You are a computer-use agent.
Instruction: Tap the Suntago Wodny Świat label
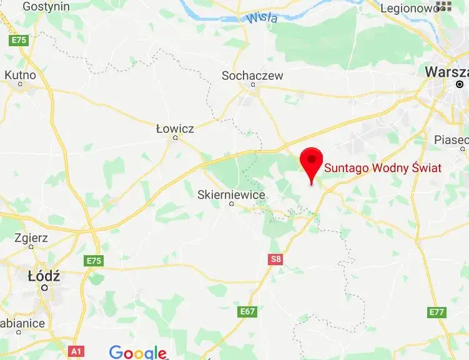tap(382, 168)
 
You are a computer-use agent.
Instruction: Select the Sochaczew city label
tap(252, 75)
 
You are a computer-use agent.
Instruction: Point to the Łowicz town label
tap(175, 129)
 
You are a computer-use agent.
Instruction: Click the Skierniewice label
tap(231, 195)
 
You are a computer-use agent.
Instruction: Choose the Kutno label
tap(20, 75)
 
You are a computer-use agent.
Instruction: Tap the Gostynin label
tap(46, 6)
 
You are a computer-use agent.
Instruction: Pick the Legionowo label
tap(410, 8)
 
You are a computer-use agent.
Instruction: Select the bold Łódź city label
tap(44, 275)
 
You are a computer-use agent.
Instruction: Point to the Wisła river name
tap(262, 18)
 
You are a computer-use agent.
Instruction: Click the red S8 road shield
tap(276, 259)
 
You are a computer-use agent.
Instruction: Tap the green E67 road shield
tap(247, 311)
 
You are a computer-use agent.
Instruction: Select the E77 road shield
tap(437, 311)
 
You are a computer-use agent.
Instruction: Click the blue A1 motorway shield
tap(76, 351)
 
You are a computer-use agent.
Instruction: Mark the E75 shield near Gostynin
tap(19, 40)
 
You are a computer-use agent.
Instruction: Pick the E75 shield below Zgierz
tap(94, 260)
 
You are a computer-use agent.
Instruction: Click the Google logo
tap(137, 352)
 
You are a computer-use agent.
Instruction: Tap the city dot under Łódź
tap(44, 288)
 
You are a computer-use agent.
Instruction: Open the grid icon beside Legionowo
tap(444, 6)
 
